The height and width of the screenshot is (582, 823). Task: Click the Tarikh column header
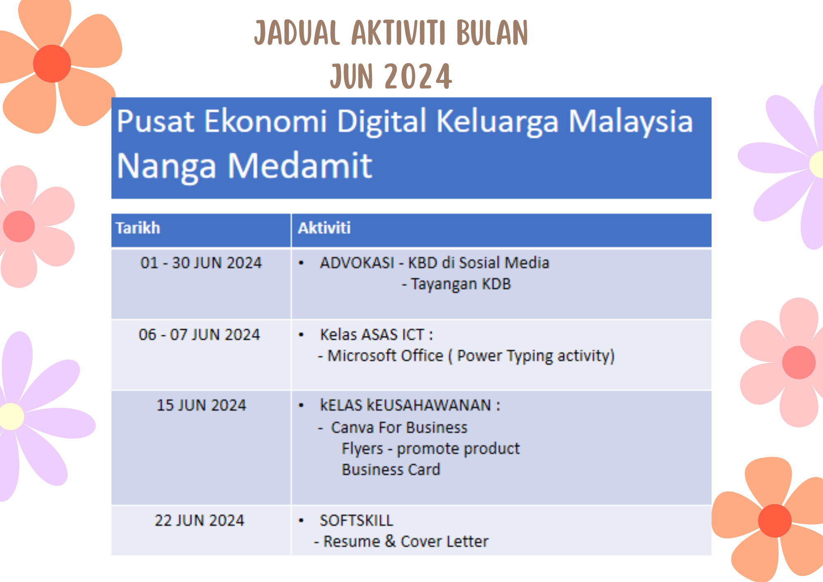pyautogui.click(x=138, y=228)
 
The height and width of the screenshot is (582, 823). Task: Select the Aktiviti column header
pyautogui.click(x=324, y=228)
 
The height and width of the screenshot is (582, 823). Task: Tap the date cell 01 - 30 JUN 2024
pyautogui.click(x=201, y=263)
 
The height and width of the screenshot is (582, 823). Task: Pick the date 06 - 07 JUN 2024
pyautogui.click(x=199, y=335)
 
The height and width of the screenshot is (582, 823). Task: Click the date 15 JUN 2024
pyautogui.click(x=201, y=405)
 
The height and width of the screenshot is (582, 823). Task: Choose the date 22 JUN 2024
pyautogui.click(x=200, y=521)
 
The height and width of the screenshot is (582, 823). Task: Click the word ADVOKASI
pyautogui.click(x=357, y=263)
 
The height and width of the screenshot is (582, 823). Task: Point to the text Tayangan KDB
pyautogui.click(x=461, y=284)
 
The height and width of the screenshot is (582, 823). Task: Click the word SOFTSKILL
pyautogui.click(x=356, y=521)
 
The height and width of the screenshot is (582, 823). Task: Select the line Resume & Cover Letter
pyautogui.click(x=406, y=542)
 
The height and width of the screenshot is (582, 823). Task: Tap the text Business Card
pyautogui.click(x=391, y=470)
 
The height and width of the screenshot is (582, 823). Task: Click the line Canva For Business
pyautogui.click(x=399, y=428)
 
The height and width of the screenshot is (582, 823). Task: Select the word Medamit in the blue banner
pyautogui.click(x=300, y=165)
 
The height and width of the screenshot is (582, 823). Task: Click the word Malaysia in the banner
pyautogui.click(x=631, y=122)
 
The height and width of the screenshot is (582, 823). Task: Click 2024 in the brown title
pyautogui.click(x=418, y=77)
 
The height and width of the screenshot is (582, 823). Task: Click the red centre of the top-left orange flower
pyautogui.click(x=52, y=64)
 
